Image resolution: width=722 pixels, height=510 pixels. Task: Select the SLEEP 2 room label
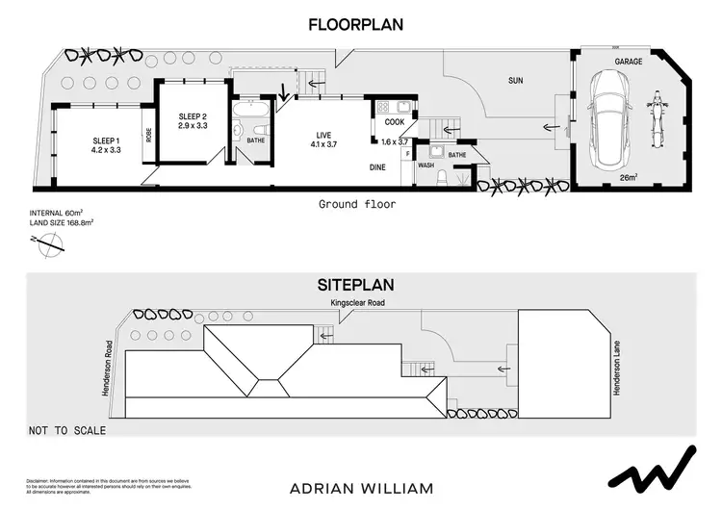click(x=193, y=116)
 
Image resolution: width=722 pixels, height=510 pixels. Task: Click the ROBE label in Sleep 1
click(x=149, y=136)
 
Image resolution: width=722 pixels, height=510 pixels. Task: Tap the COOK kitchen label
click(x=395, y=122)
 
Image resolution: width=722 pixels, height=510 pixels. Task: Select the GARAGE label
click(x=630, y=61)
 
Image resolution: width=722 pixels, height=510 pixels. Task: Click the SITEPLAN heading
click(x=355, y=286)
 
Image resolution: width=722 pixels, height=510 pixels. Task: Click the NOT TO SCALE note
click(x=67, y=430)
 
